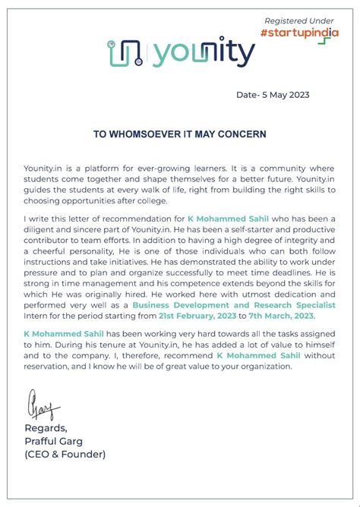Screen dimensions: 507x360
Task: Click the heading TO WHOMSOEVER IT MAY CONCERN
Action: click(x=180, y=134)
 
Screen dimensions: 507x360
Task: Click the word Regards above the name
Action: click(x=46, y=429)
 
